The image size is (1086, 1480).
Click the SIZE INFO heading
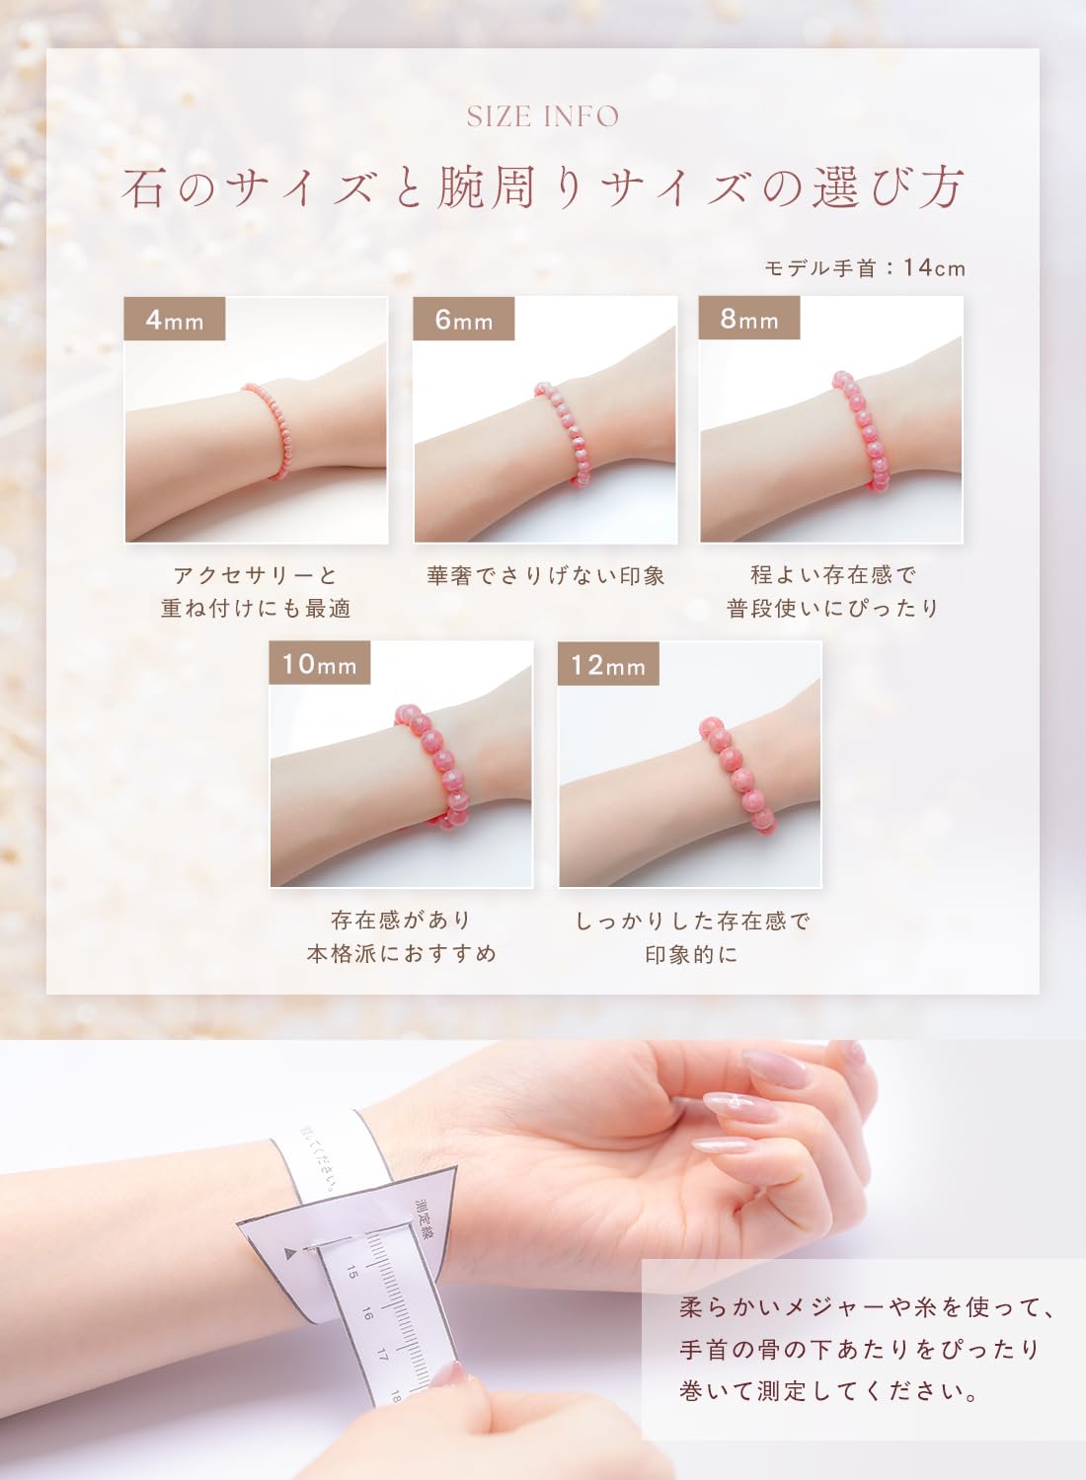click(543, 117)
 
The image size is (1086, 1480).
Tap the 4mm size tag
click(175, 319)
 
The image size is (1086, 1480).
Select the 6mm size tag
click(464, 319)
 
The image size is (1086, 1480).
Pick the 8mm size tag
click(749, 318)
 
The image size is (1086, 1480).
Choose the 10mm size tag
click(319, 663)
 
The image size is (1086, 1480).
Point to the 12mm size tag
click(608, 663)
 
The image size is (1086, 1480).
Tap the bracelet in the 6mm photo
click(563, 433)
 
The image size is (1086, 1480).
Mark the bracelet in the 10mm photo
click(433, 765)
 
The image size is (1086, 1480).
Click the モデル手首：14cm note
click(865, 267)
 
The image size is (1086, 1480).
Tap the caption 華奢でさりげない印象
click(546, 576)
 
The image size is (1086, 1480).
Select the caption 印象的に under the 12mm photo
click(691, 955)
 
